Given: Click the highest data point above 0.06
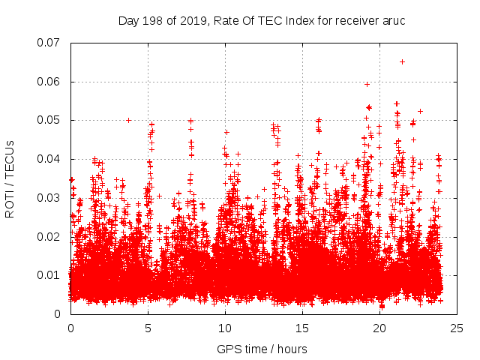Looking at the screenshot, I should [x=402, y=61].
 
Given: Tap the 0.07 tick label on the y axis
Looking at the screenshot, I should [x=49, y=43].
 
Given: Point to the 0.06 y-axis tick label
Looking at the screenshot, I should [x=49, y=82].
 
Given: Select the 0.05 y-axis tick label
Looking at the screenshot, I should [x=49, y=120].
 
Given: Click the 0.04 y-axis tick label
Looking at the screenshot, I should [x=49, y=159].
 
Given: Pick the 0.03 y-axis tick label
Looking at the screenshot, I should [x=49, y=198].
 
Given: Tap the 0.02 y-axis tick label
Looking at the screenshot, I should [x=49, y=236].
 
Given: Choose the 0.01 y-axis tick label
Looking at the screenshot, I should [x=49, y=275].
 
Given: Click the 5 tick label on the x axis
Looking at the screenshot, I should [x=148, y=328].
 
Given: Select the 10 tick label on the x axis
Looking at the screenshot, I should [x=225, y=328].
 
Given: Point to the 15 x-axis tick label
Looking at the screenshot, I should [x=302, y=328].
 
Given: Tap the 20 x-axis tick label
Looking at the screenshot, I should [x=379, y=328].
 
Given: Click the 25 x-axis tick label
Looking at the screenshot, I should [x=457, y=328].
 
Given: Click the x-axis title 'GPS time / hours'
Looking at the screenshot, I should [x=262, y=349].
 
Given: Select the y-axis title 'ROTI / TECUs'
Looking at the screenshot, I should [x=10, y=178].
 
